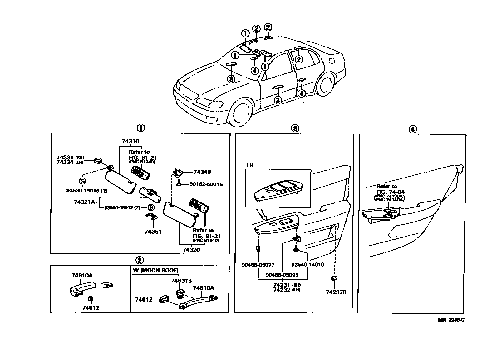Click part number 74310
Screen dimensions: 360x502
click(130, 142)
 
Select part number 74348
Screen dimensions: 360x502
click(202, 172)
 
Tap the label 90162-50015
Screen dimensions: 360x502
click(206, 184)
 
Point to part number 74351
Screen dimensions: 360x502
click(153, 232)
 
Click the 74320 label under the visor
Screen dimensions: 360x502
click(191, 250)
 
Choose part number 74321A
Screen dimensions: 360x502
click(84, 202)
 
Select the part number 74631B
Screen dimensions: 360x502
click(181, 281)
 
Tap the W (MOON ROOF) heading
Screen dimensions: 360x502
click(155, 271)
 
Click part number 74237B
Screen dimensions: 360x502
click(336, 292)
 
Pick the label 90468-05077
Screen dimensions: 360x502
click(258, 265)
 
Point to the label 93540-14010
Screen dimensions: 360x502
click(308, 265)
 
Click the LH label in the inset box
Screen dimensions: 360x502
click(250, 165)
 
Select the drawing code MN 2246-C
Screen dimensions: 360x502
click(451, 320)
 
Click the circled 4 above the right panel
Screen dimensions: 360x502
click(412, 129)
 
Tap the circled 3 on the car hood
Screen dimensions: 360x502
click(231, 79)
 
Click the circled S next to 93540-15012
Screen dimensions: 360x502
click(151, 208)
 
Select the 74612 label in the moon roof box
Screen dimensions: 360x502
click(144, 300)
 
